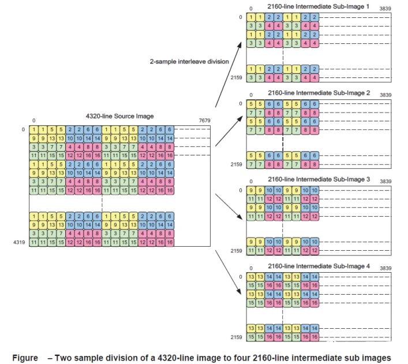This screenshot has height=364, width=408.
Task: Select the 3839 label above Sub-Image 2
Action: [385, 95]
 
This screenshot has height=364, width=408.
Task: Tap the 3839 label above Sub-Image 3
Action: [385, 181]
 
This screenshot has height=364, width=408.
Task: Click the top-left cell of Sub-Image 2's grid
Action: [252, 103]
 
